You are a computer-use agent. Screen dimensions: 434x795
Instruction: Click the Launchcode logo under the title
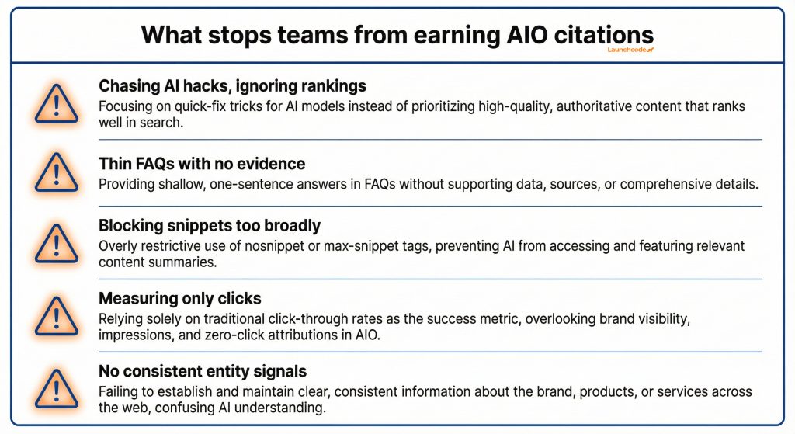coord(630,50)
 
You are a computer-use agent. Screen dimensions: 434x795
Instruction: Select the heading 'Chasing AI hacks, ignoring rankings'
coord(232,85)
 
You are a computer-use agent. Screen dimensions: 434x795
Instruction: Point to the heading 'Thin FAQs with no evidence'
coord(202,164)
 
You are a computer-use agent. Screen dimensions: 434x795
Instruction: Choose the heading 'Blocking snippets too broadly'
coord(210,226)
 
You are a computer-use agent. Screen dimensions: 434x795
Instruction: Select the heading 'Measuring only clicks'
coord(179,299)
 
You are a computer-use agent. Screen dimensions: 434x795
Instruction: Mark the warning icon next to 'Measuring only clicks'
coord(56,314)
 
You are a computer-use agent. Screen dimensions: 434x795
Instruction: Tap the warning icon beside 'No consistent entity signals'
coord(56,388)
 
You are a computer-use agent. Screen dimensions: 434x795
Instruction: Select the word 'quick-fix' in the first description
coord(196,106)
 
